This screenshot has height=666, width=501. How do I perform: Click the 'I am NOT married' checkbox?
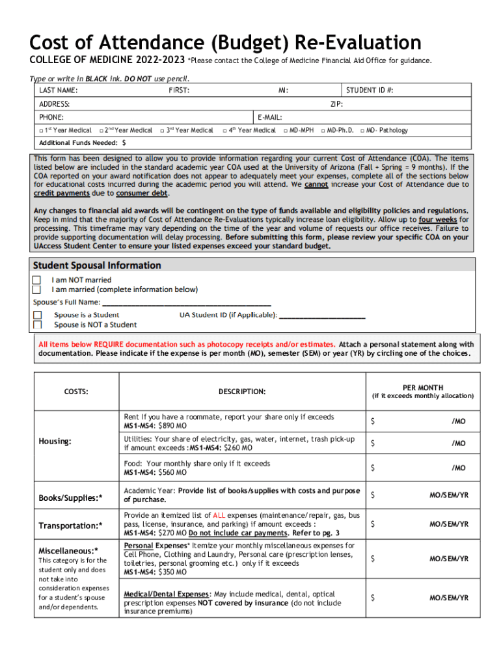point(37,280)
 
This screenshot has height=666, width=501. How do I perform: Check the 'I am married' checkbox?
point(37,289)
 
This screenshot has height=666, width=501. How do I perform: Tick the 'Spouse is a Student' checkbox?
point(38,315)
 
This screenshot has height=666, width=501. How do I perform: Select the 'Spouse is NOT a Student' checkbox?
point(38,325)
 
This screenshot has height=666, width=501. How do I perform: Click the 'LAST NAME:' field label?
point(59,90)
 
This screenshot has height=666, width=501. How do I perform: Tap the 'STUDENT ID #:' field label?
point(370,90)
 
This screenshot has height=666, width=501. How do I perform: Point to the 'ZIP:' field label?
point(336,104)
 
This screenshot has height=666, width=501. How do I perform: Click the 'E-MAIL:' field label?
point(269,118)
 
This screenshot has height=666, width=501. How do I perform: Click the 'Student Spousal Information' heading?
point(97,265)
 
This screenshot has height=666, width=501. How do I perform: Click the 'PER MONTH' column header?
point(423,388)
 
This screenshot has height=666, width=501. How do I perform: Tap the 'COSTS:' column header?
point(76,392)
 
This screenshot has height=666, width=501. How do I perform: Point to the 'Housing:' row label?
point(55,442)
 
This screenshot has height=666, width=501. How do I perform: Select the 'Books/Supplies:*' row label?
point(70,498)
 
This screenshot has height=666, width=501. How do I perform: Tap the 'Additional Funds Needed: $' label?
point(83,143)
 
